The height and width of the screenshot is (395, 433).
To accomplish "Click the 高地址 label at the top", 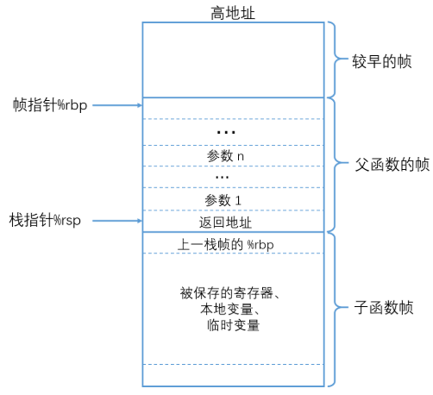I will click(234, 11).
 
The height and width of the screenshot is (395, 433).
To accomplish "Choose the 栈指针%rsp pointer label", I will click(46, 220).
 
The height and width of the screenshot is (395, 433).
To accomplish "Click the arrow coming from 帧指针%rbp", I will click(116, 105).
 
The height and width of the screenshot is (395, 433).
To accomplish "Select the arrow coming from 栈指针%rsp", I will click(116, 221).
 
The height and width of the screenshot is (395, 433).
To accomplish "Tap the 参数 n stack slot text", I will click(226, 156).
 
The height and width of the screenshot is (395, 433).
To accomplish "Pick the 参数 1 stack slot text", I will click(226, 200).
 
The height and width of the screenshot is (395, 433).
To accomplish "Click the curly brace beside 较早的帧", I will click(335, 60).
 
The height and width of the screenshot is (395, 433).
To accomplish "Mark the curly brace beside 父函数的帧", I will click(335, 164).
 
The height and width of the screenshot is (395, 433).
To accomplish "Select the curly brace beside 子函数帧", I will click(335, 308).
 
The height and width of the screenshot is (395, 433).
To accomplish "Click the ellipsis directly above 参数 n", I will click(227, 133).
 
